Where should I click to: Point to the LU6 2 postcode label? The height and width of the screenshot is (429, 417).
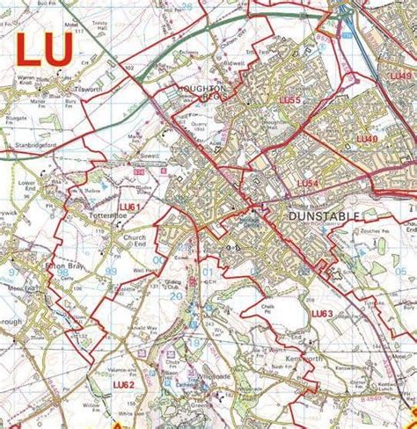pyautogui.click(x=123, y=384)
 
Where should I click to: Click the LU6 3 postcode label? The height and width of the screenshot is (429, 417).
pyautogui.click(x=321, y=313)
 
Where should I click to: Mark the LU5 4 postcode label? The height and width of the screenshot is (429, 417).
pyautogui.click(x=308, y=183)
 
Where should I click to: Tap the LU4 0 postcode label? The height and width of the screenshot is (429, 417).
pyautogui.click(x=367, y=139)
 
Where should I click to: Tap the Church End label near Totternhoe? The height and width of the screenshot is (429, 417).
pyautogui.click(x=134, y=241)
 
